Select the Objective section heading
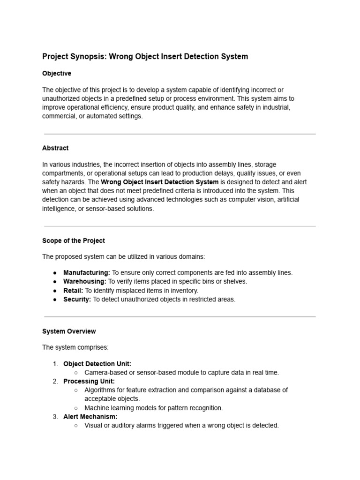(x=57, y=74)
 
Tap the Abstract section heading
(x=55, y=148)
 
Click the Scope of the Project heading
(x=74, y=241)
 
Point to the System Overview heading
(x=69, y=331)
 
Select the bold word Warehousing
(x=85, y=282)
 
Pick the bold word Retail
(x=73, y=291)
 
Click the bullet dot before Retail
(x=55, y=291)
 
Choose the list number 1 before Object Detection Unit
(x=55, y=364)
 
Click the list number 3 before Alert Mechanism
(x=55, y=417)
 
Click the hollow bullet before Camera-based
(x=76, y=373)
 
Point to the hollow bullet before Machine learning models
(x=76, y=408)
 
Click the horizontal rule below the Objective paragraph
(x=180, y=134)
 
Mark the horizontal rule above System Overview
(x=180, y=317)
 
